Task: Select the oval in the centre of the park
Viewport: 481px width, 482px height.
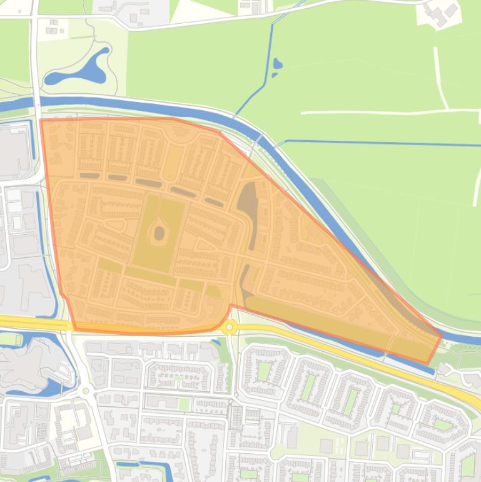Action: (x=159, y=233)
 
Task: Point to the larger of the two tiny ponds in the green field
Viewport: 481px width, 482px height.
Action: (x=278, y=64)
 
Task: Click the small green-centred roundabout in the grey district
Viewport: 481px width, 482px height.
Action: (x=86, y=391)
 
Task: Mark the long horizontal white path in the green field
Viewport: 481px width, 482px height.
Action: (x=388, y=112)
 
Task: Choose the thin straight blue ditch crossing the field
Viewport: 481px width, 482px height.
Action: (x=382, y=143)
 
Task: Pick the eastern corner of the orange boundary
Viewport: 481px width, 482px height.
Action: (x=442, y=336)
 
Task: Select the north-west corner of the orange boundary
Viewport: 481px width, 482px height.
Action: (x=41, y=120)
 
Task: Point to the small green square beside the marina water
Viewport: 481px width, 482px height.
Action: (x=11, y=339)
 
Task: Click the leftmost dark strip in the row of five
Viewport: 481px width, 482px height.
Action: (x=89, y=175)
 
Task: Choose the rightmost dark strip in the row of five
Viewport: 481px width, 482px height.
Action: (x=213, y=202)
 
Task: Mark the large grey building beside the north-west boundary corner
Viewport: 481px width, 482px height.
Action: (x=14, y=150)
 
